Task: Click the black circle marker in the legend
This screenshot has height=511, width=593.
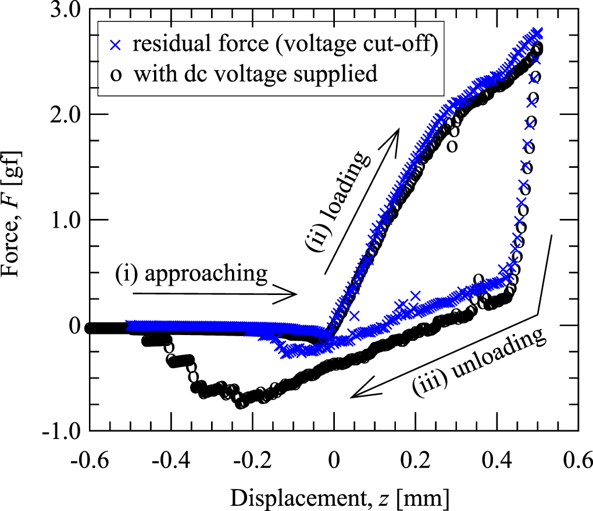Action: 116,75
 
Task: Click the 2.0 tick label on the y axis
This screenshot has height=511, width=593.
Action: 67,114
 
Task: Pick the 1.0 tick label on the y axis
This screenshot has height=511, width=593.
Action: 67,219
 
